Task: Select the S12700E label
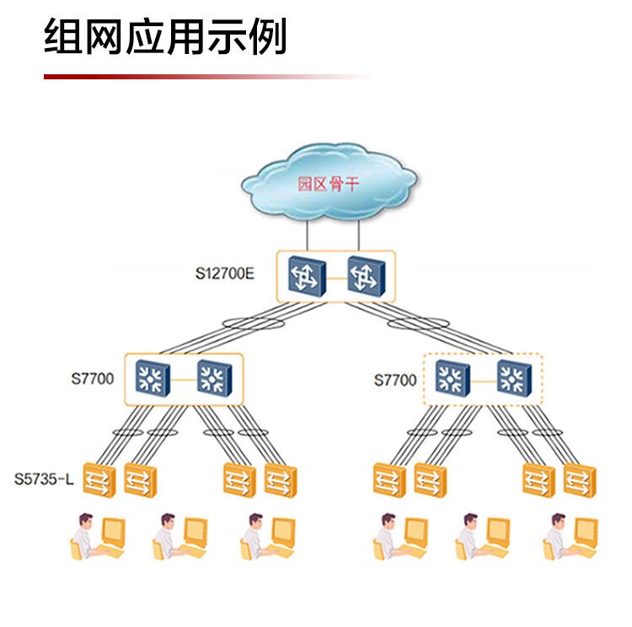[225, 273]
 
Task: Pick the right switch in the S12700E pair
[365, 276]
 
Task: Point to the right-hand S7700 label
[395, 380]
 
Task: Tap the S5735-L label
[44, 480]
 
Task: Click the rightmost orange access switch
[580, 480]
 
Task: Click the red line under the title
[211, 77]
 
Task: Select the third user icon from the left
[268, 537]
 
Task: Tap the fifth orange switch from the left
[389, 480]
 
